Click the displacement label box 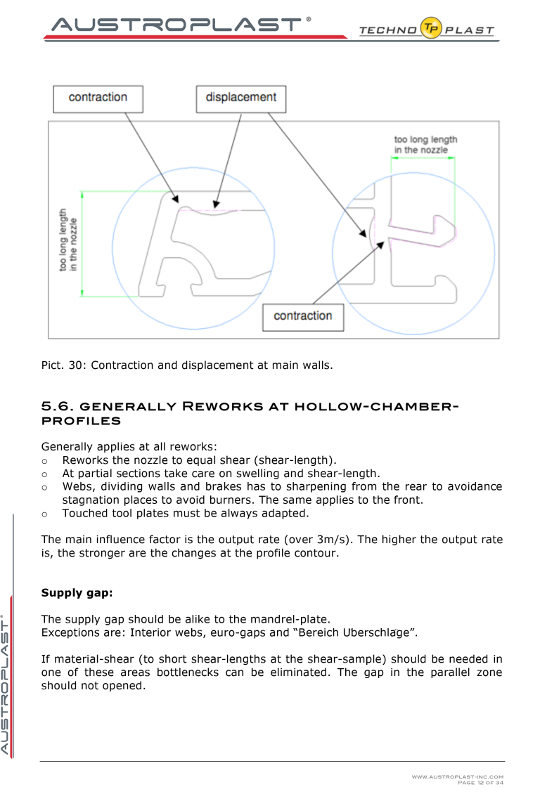tap(240, 98)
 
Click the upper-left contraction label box tap(98, 98)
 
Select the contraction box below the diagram tap(303, 317)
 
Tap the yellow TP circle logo tap(431, 28)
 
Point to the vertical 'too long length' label tap(67, 240)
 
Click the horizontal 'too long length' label tap(425, 145)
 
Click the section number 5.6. tap(57, 406)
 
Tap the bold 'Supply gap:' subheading tap(77, 592)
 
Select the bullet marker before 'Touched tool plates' tap(45, 514)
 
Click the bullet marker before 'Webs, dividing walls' tap(45, 487)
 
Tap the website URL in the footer tap(458, 776)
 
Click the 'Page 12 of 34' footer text tap(480, 783)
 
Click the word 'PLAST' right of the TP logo tap(470, 30)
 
